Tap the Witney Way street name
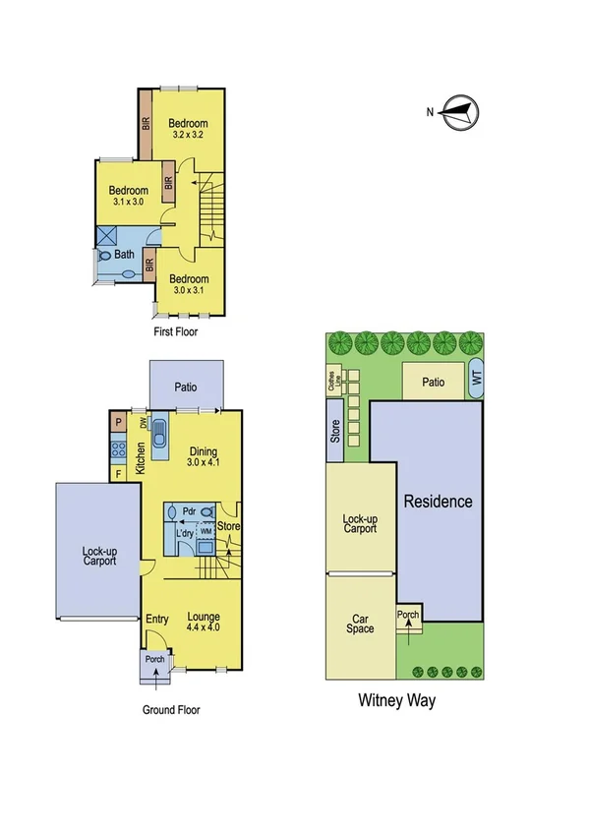(395, 701)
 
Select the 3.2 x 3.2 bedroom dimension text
(187, 134)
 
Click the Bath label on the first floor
(125, 254)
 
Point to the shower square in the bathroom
(106, 236)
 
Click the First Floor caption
(176, 332)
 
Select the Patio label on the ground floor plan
(186, 387)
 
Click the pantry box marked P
(118, 422)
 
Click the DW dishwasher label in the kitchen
(144, 424)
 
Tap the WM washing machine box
(206, 531)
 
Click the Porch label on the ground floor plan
(154, 659)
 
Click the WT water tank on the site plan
(477, 377)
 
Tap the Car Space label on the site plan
(360, 624)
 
